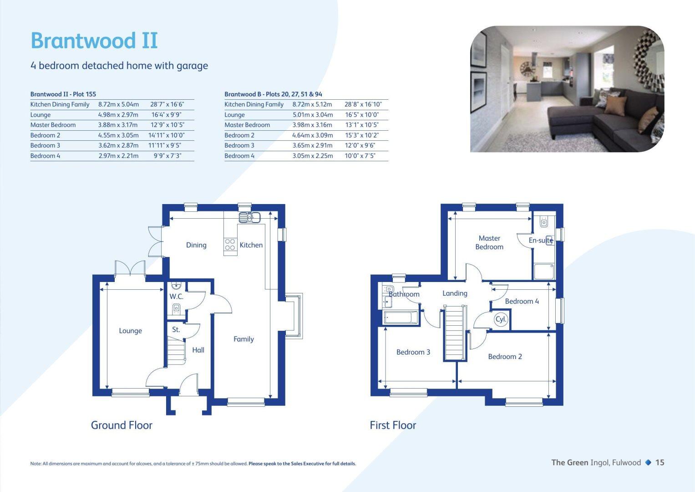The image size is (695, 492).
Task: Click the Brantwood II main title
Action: pos(94,41)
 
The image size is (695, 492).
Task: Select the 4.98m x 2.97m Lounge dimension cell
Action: pos(118,115)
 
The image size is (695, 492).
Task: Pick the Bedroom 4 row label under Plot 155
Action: pos(45,156)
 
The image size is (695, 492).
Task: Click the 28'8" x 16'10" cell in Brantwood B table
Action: pos(363,104)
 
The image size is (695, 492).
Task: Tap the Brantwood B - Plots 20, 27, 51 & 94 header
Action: pos(273,94)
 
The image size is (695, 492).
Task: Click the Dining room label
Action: pos(196,245)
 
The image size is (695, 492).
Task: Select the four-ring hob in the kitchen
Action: pos(230,245)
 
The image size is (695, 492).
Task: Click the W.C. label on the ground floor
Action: pos(176,297)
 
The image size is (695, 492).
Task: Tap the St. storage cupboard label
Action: pos(176,329)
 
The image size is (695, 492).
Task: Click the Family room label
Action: pos(244,339)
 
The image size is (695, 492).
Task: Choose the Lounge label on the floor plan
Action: pos(130,331)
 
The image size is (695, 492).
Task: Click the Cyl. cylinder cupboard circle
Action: pos(501,319)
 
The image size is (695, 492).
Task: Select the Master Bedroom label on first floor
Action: pos(489,242)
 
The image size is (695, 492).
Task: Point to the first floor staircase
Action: pos(454,333)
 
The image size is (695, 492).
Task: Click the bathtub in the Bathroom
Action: pos(401,317)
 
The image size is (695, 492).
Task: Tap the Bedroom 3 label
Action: pos(413,352)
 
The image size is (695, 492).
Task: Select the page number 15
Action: pos(659,462)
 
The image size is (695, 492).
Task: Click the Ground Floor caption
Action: pos(122,425)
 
